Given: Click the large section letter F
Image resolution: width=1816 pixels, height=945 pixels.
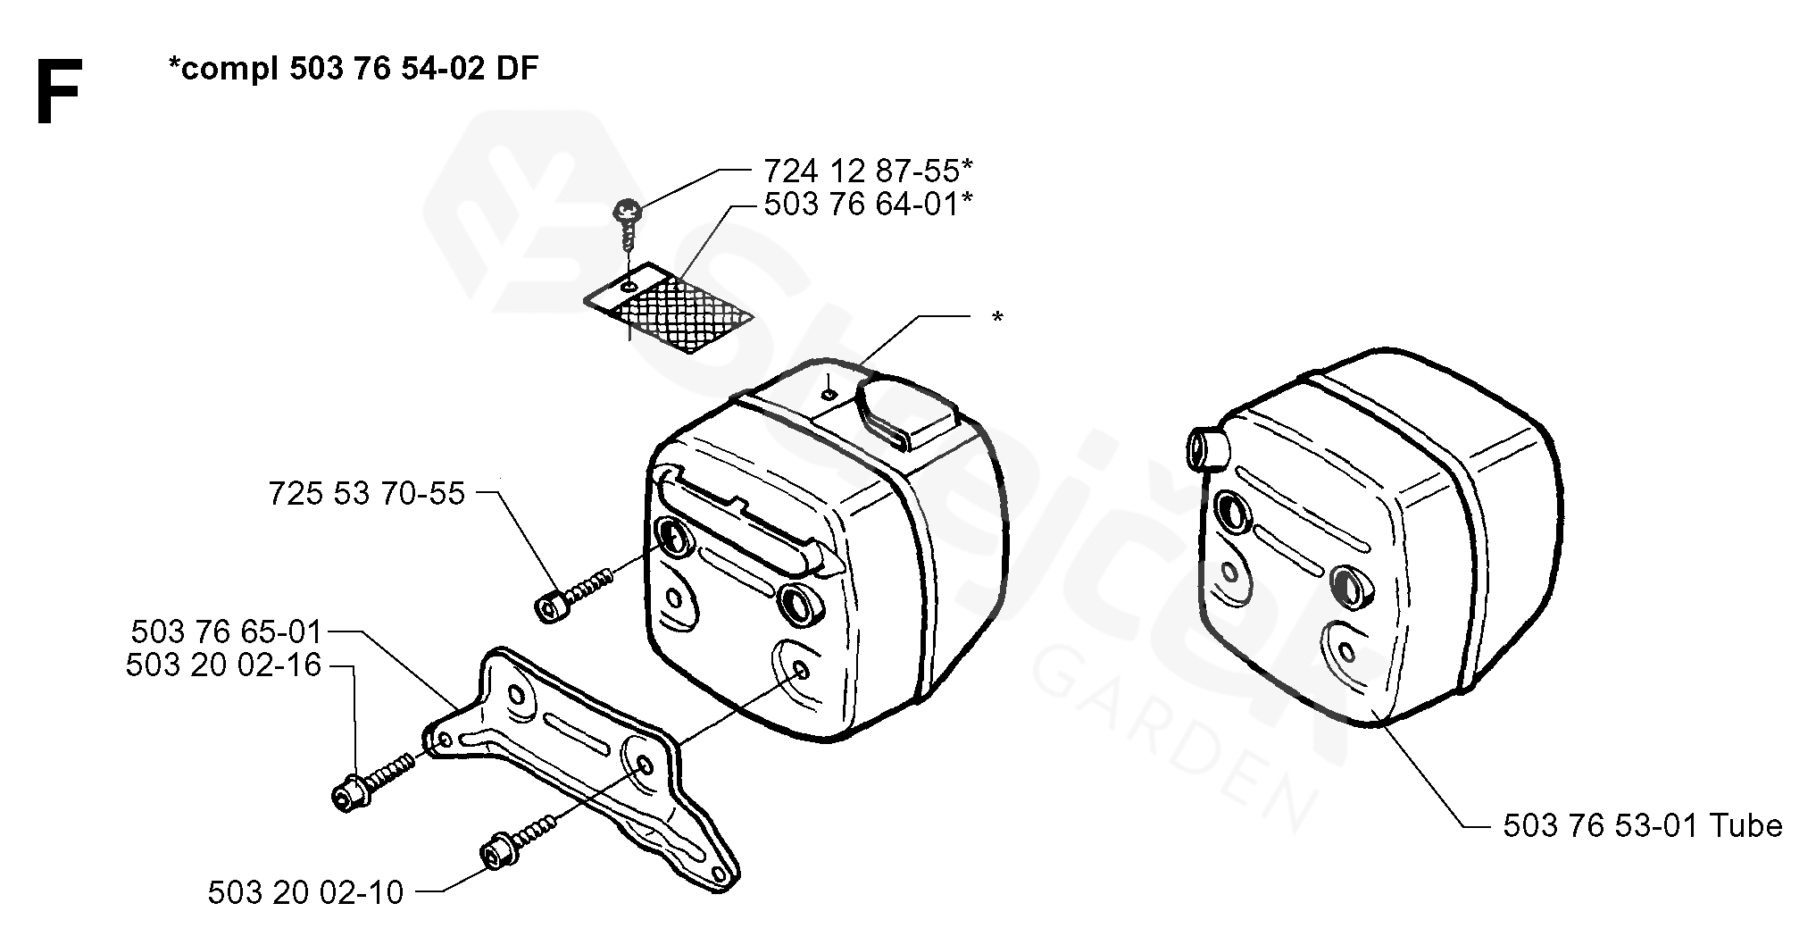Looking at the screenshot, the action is [x=59, y=93].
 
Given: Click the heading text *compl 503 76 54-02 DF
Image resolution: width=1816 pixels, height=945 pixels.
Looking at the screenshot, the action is [x=353, y=69].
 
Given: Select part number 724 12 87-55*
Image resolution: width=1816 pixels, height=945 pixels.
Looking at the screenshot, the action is [x=868, y=169].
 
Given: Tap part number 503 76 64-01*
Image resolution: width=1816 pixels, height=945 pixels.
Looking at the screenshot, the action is [x=868, y=204].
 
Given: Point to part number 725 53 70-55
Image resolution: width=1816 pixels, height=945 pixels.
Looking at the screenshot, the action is [x=367, y=493].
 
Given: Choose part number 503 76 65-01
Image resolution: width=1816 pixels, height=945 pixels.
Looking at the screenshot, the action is [x=226, y=632].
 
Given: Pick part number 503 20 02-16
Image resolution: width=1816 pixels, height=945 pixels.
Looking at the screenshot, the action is [x=223, y=665].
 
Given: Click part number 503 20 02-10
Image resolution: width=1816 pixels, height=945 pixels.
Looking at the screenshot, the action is [x=306, y=892].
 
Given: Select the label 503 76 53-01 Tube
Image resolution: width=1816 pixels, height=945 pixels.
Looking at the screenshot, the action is [x=1643, y=826].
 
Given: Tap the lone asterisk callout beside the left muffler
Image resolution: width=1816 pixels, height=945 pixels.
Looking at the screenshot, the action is [x=997, y=318].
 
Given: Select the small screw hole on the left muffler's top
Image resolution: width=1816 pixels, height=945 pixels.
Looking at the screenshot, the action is [x=829, y=393].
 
